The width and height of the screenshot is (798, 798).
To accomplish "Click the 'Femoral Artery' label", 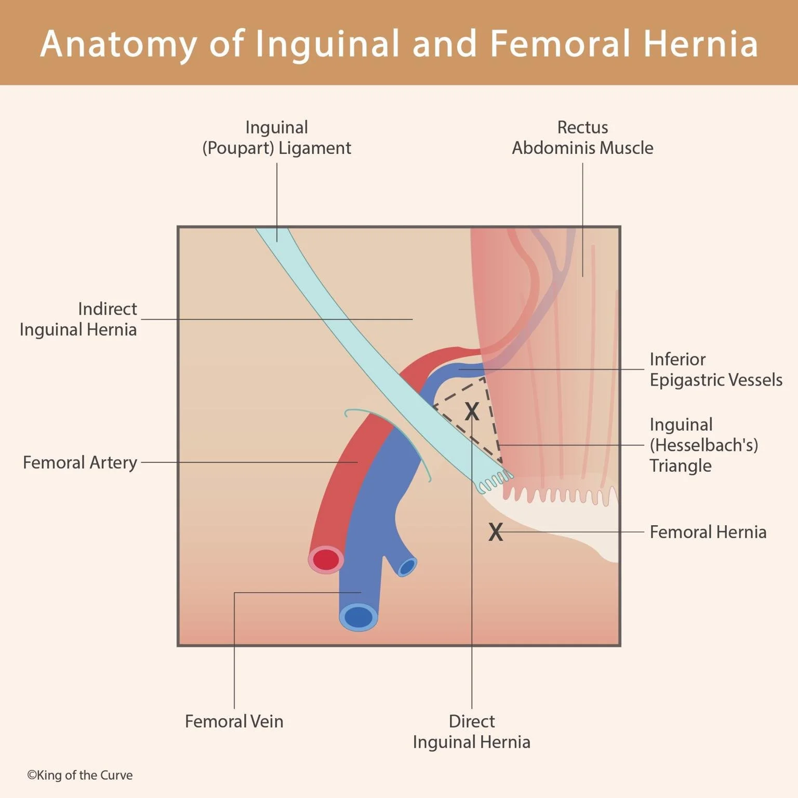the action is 80,462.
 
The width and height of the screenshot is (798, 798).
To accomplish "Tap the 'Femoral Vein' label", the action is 234,721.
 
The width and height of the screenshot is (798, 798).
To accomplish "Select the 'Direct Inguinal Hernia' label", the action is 471,731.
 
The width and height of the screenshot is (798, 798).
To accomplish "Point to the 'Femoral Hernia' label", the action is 708,532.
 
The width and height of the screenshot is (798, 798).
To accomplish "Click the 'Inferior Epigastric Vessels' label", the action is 715,369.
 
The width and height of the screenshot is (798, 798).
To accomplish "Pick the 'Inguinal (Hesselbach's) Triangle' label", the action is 703,445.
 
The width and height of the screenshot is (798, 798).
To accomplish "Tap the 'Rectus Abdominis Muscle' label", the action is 582,138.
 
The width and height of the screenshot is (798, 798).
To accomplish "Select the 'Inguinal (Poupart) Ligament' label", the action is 276,138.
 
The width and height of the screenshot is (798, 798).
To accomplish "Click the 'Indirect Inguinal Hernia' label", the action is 78,319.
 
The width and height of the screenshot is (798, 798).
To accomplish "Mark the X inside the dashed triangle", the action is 472,411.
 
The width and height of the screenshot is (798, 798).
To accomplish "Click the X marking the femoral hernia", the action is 496,532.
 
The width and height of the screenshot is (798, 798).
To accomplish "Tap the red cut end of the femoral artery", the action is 326,560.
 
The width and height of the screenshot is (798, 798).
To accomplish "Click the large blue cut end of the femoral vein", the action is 358,617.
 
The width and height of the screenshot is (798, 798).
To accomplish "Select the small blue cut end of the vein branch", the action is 407,567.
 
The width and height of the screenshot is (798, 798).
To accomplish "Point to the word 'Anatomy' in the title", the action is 118,44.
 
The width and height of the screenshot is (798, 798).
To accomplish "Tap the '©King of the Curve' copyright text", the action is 79,775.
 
